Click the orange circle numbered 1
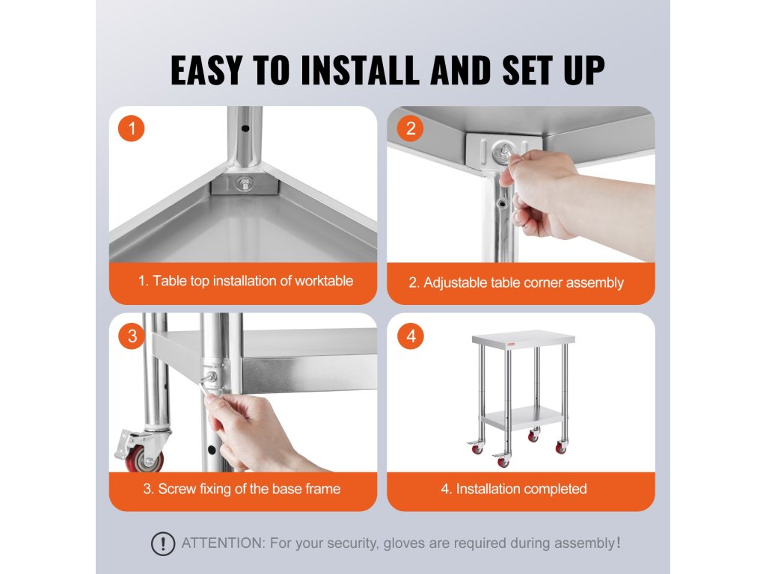click(132, 129)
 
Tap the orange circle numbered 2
click(411, 129)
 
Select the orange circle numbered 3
click(132, 336)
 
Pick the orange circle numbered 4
click(411, 336)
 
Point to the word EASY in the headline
click(206, 70)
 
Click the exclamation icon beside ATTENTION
click(162, 544)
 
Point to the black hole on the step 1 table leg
click(245, 129)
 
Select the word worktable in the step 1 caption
click(323, 281)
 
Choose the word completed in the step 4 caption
click(556, 489)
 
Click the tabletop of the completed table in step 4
click(523, 339)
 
